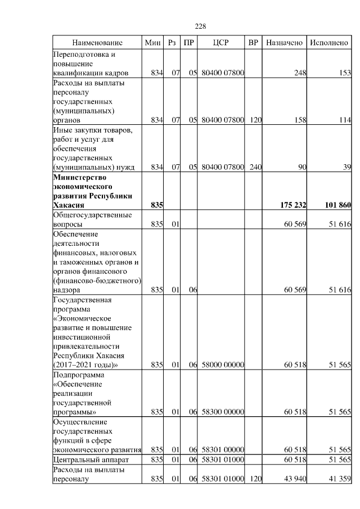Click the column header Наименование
pyautogui.click(x=97, y=43)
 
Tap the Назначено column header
pyautogui.click(x=284, y=43)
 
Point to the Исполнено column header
pyautogui.click(x=329, y=43)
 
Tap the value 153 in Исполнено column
pyautogui.click(x=344, y=73)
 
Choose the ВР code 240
pyautogui.click(x=255, y=166)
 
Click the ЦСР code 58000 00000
pyautogui.click(x=222, y=365)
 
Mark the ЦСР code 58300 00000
pyautogui.click(x=222, y=412)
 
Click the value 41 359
pyautogui.click(x=339, y=479)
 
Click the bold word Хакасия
pyautogui.click(x=68, y=205)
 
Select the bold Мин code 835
pyautogui.click(x=157, y=205)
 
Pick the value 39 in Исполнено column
pyautogui.click(x=346, y=166)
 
